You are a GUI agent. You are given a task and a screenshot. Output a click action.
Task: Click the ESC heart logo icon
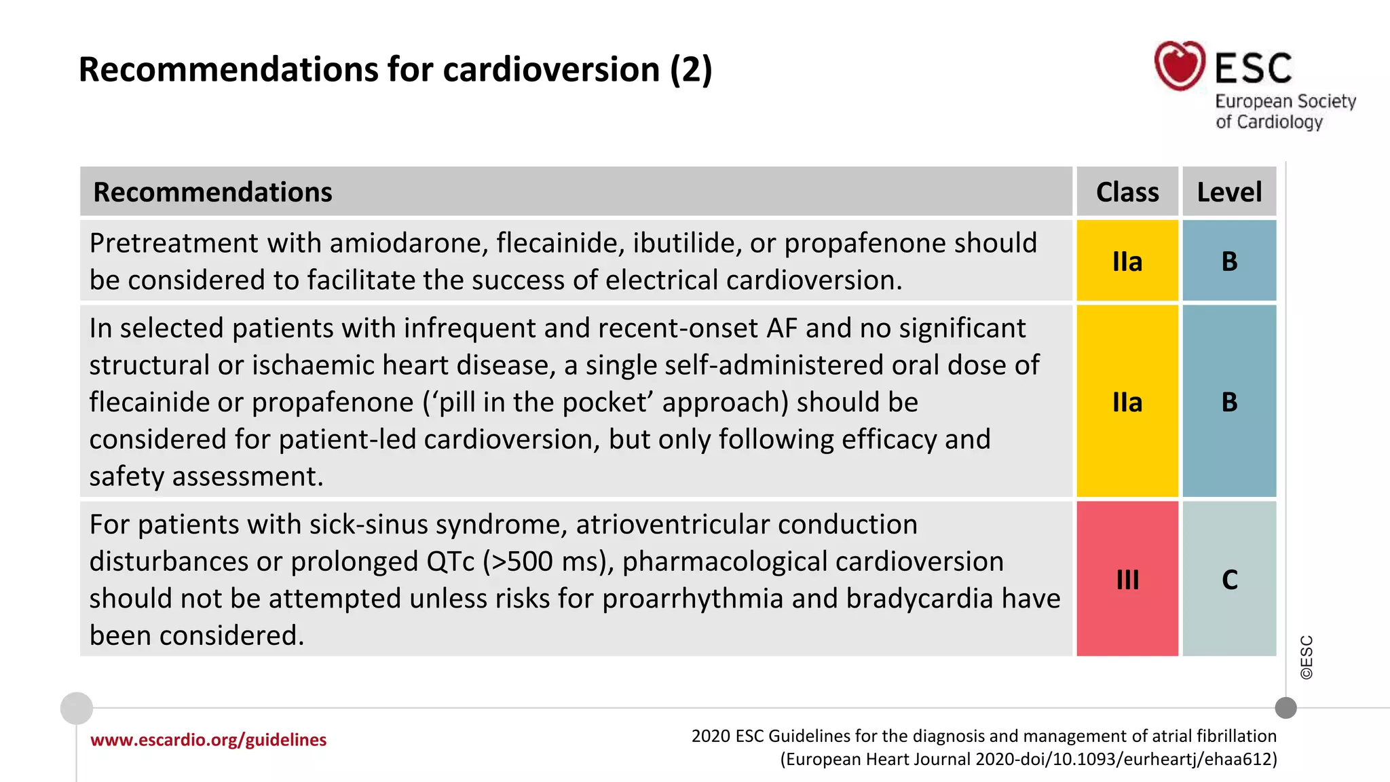(1180, 66)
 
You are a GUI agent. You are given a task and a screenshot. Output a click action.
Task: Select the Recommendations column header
(212, 192)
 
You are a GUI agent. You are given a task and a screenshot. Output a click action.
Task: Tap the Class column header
(1127, 192)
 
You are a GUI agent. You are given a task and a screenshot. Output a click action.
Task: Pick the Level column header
(1229, 192)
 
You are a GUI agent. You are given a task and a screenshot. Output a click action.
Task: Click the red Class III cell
(1127, 579)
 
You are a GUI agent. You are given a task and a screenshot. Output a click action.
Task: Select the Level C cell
(1229, 579)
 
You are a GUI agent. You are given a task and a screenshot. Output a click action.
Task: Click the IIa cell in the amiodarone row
(1127, 261)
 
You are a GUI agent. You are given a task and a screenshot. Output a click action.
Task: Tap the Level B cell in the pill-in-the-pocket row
(1229, 402)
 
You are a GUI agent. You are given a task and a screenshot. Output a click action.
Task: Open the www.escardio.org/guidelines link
(208, 740)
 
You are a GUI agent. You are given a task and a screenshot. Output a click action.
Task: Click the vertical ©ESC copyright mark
(1307, 657)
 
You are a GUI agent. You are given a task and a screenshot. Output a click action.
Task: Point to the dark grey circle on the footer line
(1285, 708)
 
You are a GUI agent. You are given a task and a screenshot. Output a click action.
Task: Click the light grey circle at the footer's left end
(77, 708)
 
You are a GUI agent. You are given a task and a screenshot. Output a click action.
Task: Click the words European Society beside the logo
(1285, 102)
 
